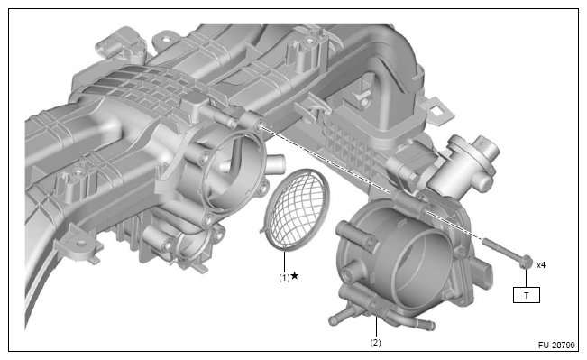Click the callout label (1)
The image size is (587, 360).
click(x=284, y=278)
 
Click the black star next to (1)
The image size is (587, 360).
click(x=295, y=276)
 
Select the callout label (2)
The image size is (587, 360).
click(x=375, y=342)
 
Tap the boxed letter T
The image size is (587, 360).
click(x=526, y=295)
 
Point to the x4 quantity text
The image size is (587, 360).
click(x=541, y=265)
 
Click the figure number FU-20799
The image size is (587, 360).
click(x=556, y=345)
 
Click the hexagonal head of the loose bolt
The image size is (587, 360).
click(x=526, y=261)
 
